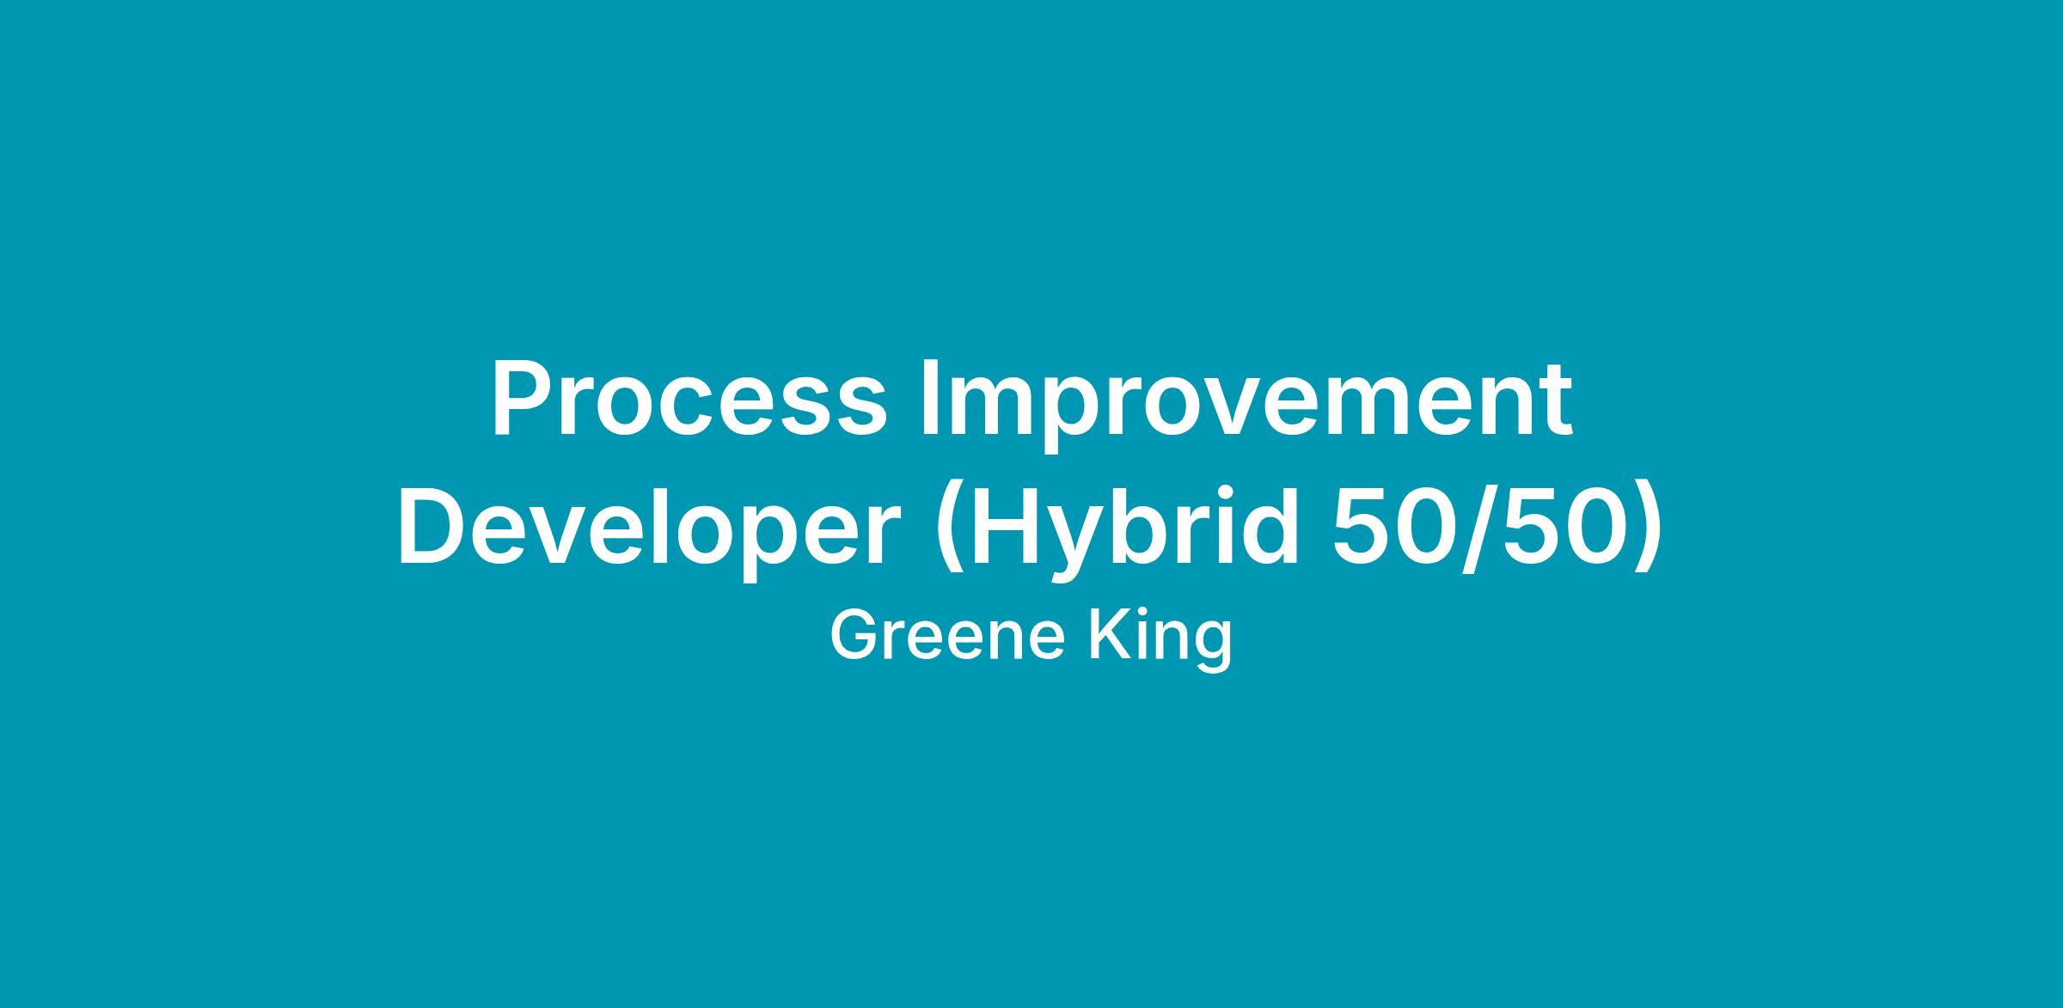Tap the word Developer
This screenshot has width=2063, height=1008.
pos(649,532)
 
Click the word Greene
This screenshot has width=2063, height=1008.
pos(950,636)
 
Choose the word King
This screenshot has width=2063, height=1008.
pos(1160,641)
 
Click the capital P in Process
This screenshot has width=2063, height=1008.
pos(524,397)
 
